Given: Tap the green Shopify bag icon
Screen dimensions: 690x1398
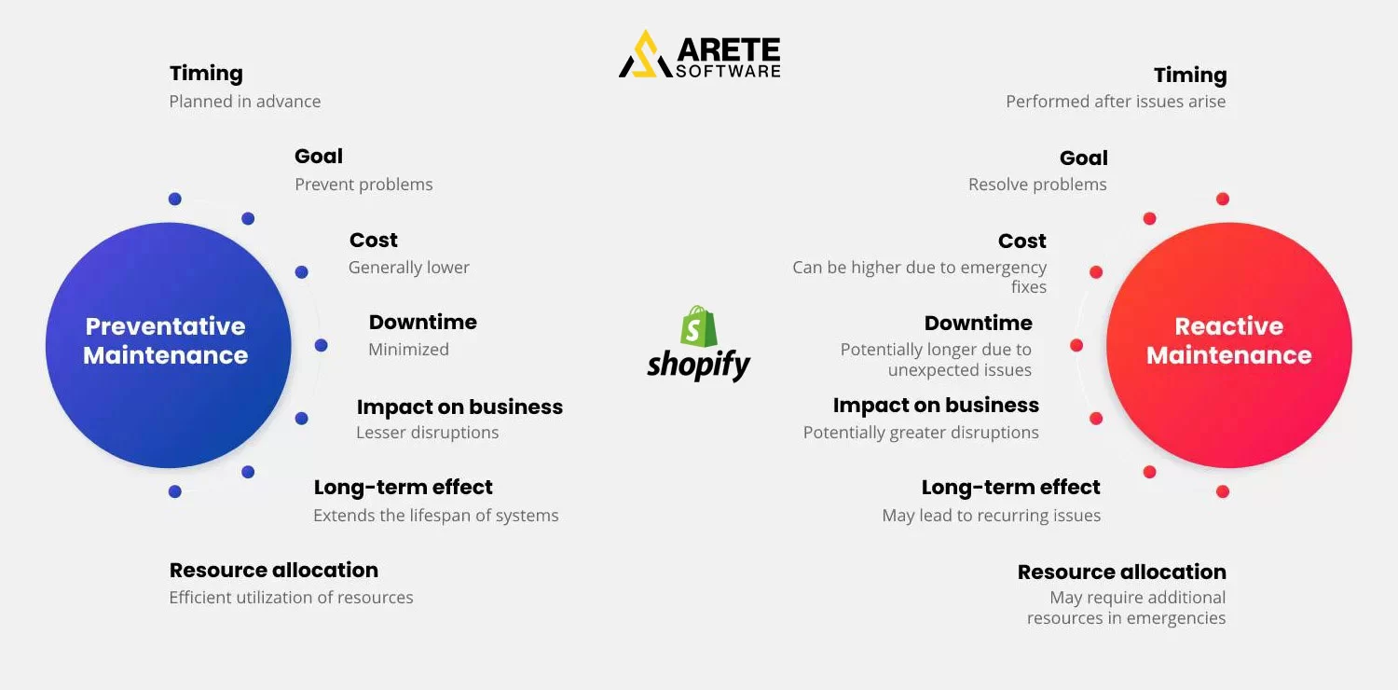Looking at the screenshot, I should [699, 326].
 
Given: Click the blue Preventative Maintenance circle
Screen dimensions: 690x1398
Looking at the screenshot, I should [169, 345].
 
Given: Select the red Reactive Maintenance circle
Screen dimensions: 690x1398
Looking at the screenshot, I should [1228, 345].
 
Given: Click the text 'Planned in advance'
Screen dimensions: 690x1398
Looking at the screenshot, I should [245, 102].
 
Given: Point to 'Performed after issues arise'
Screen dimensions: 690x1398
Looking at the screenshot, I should [1116, 102].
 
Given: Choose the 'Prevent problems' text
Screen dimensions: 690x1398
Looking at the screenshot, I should [363, 185].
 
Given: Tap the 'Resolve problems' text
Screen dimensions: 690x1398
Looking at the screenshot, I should [1037, 185].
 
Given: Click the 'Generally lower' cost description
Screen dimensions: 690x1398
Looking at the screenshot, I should [408, 268].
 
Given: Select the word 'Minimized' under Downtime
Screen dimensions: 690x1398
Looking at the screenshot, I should [408, 350].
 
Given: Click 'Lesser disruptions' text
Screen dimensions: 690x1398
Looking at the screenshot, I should [427, 433].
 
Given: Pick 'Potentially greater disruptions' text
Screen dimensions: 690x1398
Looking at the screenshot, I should [921, 433].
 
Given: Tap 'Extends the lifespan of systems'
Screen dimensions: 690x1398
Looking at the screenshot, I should [435, 516].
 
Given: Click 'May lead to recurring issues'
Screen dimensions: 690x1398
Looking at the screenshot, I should [991, 516].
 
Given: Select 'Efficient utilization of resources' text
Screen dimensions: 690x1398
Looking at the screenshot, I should [291, 598].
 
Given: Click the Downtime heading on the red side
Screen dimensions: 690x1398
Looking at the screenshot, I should [978, 324].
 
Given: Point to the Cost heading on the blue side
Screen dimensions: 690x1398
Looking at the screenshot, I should [373, 241].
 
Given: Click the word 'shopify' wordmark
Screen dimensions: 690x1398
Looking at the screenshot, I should [699, 365].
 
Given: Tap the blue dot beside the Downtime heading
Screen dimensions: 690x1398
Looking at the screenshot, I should [322, 345].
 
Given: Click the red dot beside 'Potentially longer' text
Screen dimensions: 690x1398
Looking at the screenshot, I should [1076, 345].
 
